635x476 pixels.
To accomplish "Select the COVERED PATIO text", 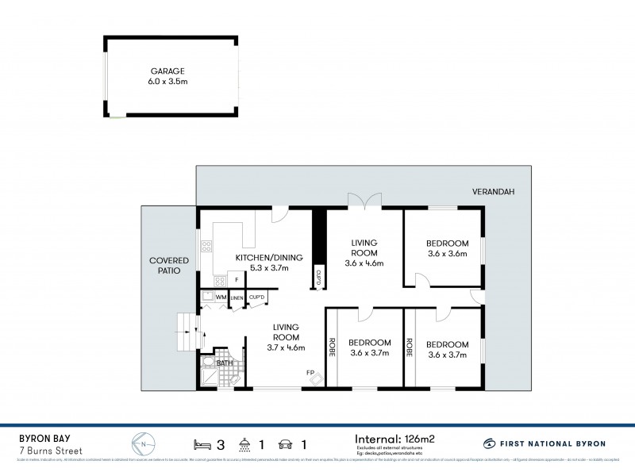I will click(165, 265).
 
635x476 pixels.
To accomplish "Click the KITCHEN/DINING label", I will click(266, 258).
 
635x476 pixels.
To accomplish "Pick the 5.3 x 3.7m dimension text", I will click(266, 269).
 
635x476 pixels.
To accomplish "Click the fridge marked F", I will click(236, 280).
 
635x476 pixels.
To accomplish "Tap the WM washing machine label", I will click(220, 297).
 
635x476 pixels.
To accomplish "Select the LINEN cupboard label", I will click(237, 297).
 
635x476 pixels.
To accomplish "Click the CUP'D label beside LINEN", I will click(256, 297).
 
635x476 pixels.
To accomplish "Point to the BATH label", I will click(224, 363).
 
